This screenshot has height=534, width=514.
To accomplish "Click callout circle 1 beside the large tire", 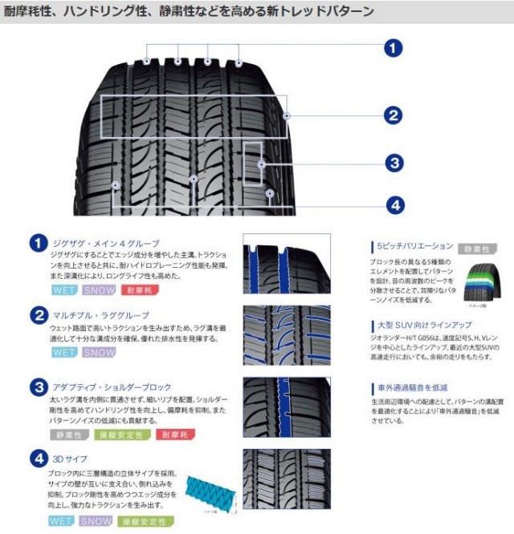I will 392,49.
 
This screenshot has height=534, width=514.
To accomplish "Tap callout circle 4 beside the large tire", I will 392,205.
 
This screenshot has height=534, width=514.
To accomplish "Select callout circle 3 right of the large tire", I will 392,164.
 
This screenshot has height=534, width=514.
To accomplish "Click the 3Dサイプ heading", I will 69,459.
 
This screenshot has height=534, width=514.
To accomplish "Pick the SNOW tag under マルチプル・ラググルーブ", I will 99,352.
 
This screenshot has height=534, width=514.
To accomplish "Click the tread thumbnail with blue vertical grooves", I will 285,263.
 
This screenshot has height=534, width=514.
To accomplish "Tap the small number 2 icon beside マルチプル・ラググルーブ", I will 37,315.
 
